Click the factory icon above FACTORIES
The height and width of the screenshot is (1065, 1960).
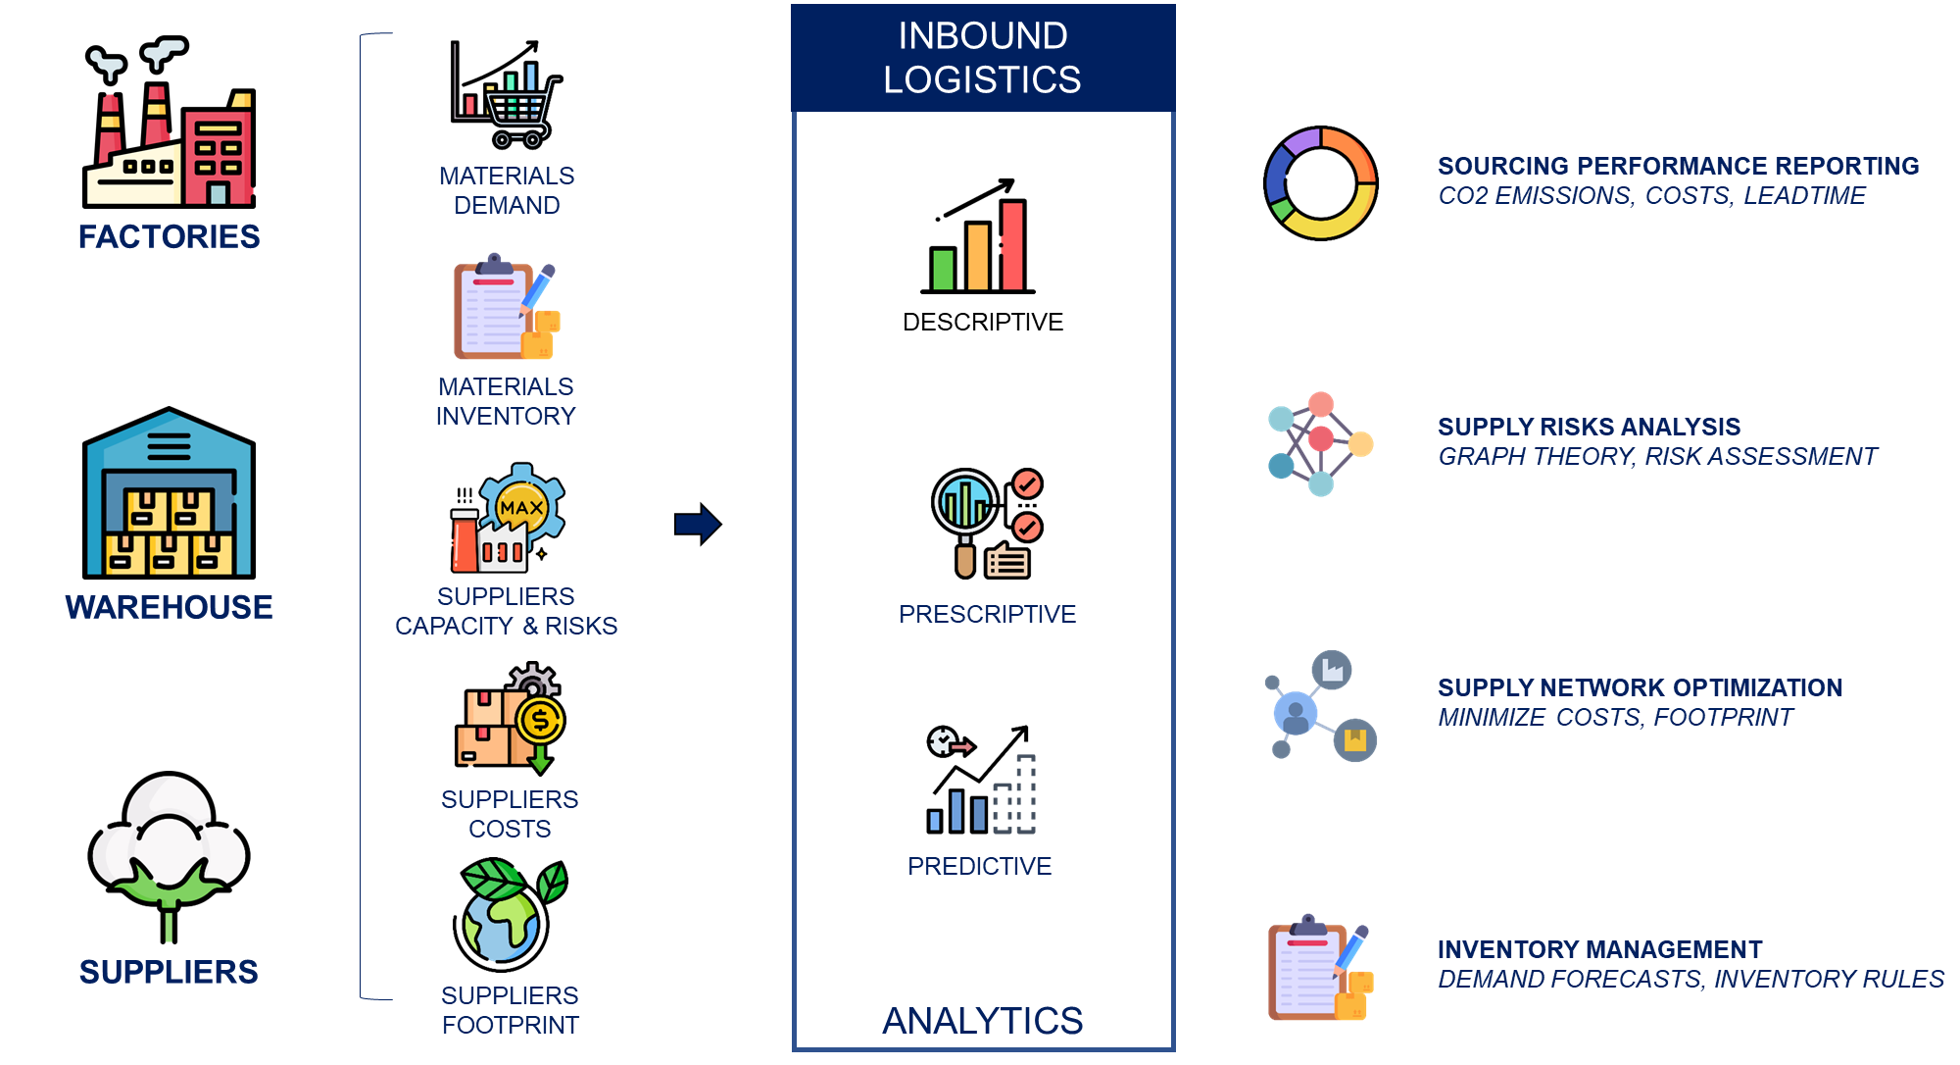tap(170, 123)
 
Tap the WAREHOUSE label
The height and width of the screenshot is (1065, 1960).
tap(169, 607)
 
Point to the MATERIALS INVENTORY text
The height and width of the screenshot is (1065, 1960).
tap(506, 401)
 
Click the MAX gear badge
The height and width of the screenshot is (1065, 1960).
tap(522, 507)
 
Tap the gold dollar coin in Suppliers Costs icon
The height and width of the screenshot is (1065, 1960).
tap(540, 722)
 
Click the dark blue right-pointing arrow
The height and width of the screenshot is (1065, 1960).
tap(698, 524)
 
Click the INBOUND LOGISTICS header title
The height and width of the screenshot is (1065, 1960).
tap(982, 57)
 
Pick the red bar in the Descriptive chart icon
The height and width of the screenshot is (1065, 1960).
tap(1013, 245)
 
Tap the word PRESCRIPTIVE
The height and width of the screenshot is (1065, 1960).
tap(987, 614)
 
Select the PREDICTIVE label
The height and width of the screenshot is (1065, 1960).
tap(979, 866)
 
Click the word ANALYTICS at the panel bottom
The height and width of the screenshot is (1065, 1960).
tap(982, 1021)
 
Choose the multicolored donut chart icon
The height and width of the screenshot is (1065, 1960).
tap(1321, 183)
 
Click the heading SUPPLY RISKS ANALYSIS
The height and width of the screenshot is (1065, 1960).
tap(1589, 427)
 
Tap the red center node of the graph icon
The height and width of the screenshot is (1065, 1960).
tap(1321, 438)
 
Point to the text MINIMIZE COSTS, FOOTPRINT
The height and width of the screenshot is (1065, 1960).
tap(1615, 717)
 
